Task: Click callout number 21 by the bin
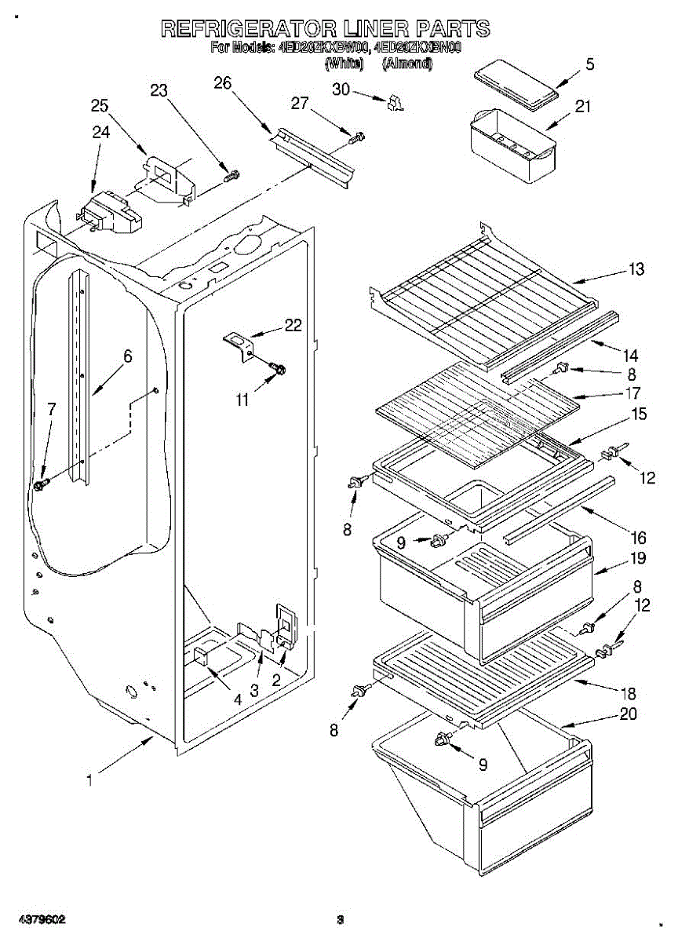click(x=582, y=107)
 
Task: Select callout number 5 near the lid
click(x=589, y=64)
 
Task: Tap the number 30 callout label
click(x=341, y=89)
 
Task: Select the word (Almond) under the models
click(x=407, y=64)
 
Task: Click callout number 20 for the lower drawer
click(x=628, y=714)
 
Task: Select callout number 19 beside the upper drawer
click(x=636, y=559)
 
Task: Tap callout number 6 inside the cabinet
click(x=127, y=356)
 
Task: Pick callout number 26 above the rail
click(x=223, y=82)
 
